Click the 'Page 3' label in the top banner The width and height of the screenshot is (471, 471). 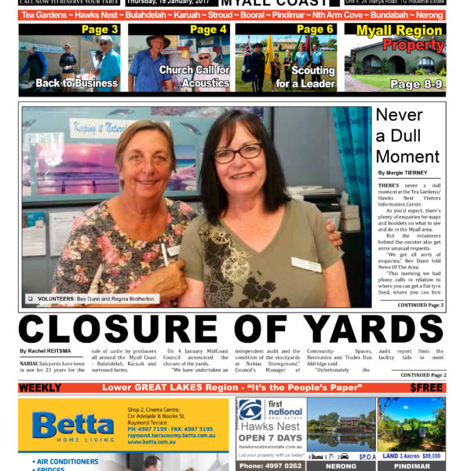coord(100,30)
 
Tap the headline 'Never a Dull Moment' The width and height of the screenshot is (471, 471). coord(407,136)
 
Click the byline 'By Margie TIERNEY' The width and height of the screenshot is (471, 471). coord(403,173)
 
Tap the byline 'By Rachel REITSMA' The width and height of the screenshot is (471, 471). coord(45,350)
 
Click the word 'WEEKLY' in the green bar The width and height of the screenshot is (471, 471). coord(40,388)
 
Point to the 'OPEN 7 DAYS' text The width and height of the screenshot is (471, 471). coord(269,437)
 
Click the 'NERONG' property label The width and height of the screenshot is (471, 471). coord(340,466)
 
